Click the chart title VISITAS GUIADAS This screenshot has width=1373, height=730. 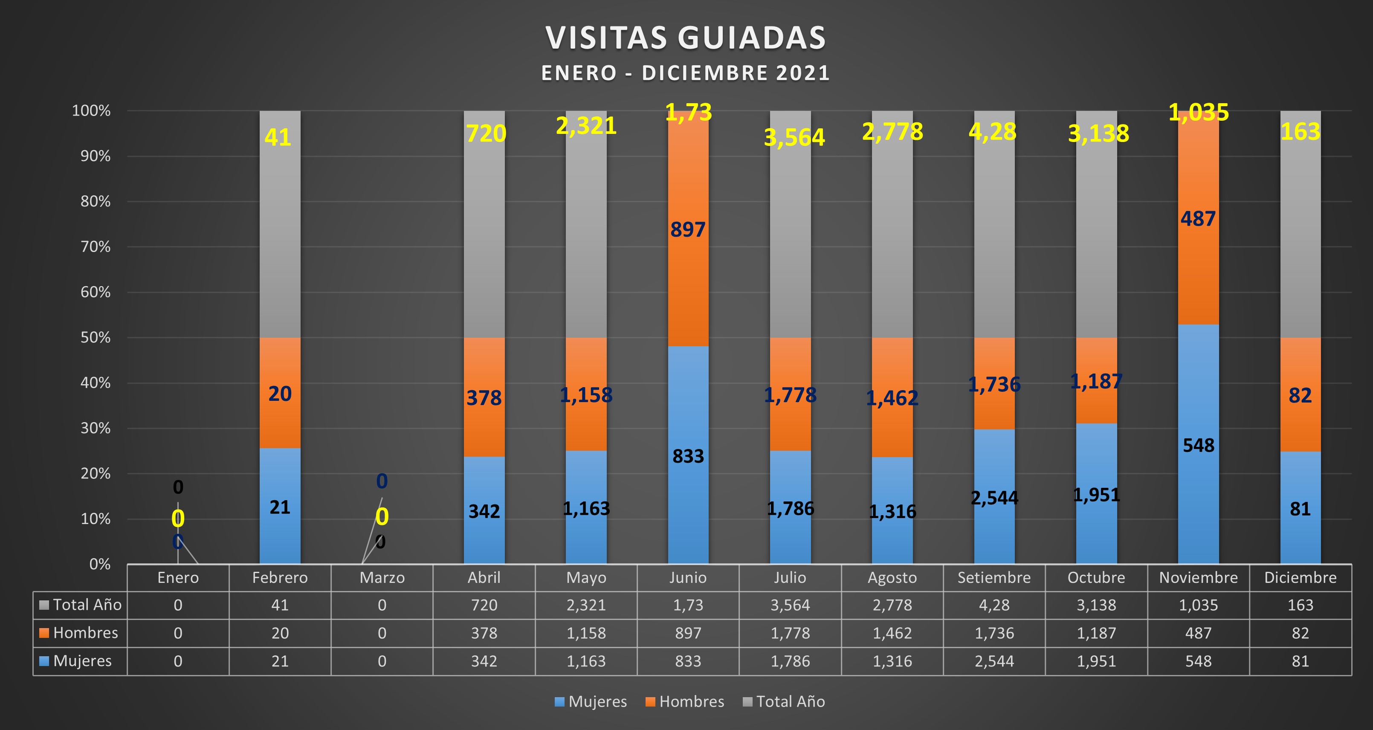686,38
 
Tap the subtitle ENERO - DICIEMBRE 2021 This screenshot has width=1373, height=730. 686,73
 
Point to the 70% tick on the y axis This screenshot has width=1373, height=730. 96,247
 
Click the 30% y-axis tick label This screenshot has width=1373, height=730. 96,429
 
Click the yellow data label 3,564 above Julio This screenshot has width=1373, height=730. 794,137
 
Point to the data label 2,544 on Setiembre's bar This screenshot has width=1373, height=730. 994,498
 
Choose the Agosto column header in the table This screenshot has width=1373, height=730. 892,578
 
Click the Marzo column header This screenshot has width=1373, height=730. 382,578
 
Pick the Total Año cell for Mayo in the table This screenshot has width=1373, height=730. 586,605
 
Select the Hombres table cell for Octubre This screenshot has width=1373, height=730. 1096,633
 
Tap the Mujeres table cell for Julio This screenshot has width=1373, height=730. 790,661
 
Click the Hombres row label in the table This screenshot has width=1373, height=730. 85,633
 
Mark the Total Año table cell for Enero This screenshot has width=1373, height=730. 178,605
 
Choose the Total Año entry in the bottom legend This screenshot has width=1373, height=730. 784,702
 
